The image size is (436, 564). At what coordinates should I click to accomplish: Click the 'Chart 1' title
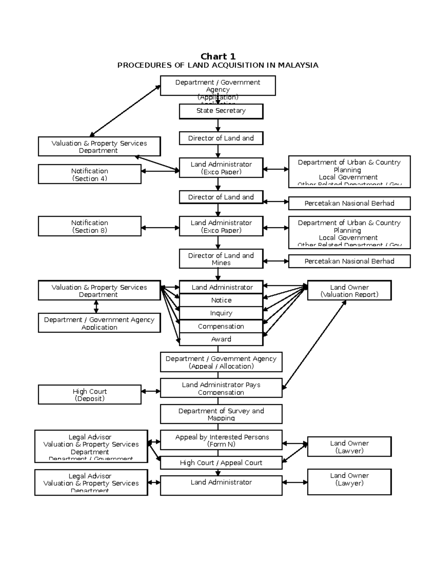click(218, 56)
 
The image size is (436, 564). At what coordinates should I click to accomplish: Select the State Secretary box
click(221, 111)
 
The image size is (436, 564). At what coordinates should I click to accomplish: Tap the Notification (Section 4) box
click(89, 174)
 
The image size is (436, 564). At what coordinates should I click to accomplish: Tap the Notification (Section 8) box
click(89, 226)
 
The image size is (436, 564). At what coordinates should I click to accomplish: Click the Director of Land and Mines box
click(221, 259)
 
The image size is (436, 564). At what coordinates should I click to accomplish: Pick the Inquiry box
click(221, 313)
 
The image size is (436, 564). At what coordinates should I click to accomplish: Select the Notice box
click(221, 300)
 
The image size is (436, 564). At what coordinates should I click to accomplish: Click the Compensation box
click(221, 326)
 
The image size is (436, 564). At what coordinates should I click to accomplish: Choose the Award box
click(221, 339)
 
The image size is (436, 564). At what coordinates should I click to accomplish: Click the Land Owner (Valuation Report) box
click(349, 291)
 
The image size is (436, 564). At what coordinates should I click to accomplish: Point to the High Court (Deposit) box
click(89, 395)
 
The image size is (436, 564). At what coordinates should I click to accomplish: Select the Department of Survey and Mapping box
click(221, 414)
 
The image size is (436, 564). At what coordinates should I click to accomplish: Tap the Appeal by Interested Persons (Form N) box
click(221, 440)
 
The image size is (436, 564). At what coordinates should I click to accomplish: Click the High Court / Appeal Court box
click(221, 463)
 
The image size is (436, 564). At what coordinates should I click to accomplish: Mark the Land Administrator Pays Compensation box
click(221, 388)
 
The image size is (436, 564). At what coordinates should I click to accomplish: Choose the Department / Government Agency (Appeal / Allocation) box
click(221, 362)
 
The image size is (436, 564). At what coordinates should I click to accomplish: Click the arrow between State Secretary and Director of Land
click(218, 125)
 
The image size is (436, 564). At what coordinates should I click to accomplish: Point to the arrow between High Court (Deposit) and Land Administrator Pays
click(151, 391)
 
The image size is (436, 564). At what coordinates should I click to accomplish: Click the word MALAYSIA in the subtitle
click(298, 65)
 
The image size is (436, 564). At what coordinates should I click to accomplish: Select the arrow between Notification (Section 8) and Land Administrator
click(160, 228)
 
